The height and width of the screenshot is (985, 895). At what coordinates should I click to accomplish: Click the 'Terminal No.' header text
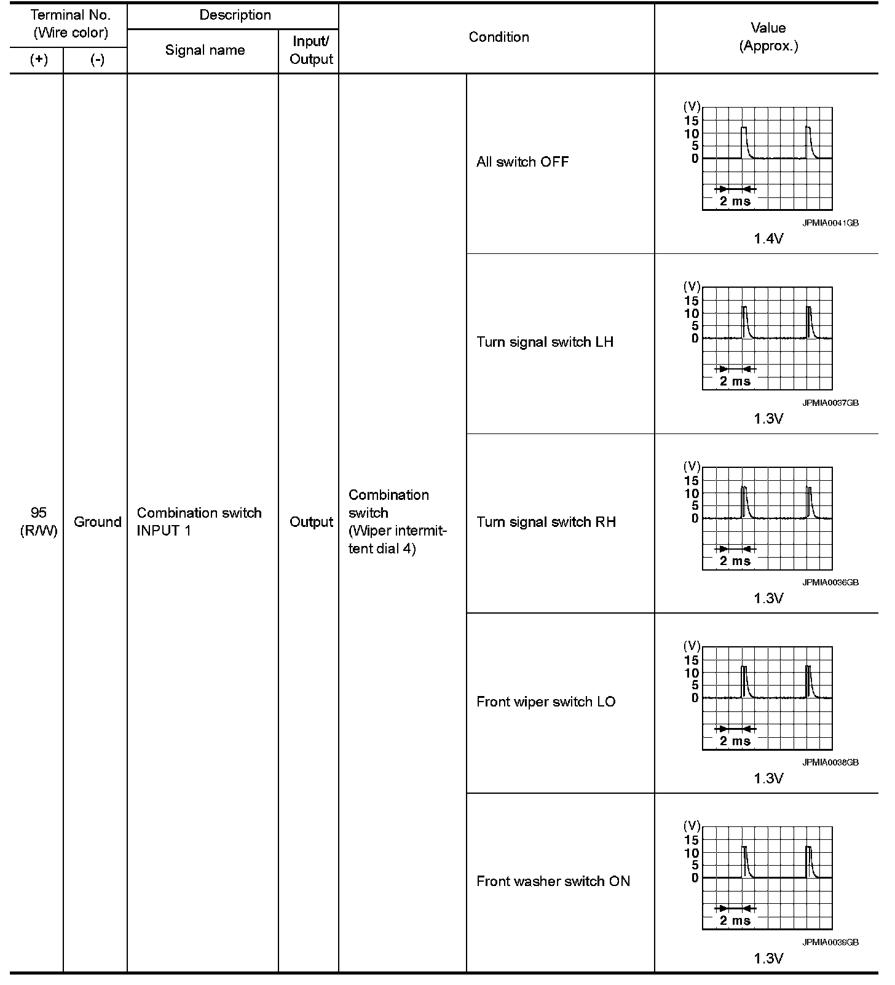pyautogui.click(x=71, y=15)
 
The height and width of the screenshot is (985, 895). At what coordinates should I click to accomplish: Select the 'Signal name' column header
pyautogui.click(x=205, y=50)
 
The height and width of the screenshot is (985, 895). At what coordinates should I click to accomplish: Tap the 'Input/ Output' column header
pyautogui.click(x=311, y=50)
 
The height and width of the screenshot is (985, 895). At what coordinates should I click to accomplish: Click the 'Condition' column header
pyautogui.click(x=499, y=37)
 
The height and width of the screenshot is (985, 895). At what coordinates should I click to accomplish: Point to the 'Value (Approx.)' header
pyautogui.click(x=768, y=37)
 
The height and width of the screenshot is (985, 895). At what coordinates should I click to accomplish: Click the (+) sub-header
pyautogui.click(x=39, y=60)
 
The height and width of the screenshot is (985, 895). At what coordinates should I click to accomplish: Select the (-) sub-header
pyautogui.click(x=97, y=60)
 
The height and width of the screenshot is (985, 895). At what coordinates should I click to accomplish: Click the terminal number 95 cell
pyautogui.click(x=38, y=513)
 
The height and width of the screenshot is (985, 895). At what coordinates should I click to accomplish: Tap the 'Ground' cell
pyautogui.click(x=97, y=522)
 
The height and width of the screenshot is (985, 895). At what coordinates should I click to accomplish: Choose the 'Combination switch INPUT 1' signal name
pyautogui.click(x=199, y=521)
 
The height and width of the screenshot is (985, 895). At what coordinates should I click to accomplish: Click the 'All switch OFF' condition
pyautogui.click(x=522, y=162)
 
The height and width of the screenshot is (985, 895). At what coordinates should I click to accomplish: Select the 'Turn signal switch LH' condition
pyautogui.click(x=545, y=342)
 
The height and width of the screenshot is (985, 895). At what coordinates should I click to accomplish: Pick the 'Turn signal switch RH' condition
pyautogui.click(x=546, y=522)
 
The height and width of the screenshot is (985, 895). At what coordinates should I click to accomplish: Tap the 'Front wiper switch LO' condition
pyautogui.click(x=546, y=702)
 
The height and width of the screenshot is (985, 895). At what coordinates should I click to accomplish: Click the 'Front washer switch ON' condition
pyautogui.click(x=553, y=881)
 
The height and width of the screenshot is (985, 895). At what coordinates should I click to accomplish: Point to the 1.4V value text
pyautogui.click(x=768, y=239)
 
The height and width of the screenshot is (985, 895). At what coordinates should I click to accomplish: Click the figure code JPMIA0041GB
pyautogui.click(x=830, y=223)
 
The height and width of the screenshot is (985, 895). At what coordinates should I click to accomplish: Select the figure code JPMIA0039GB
pyautogui.click(x=830, y=942)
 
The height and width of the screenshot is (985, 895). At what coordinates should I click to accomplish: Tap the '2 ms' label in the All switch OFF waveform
pyautogui.click(x=735, y=201)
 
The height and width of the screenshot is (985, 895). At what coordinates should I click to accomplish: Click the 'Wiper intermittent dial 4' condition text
pyautogui.click(x=396, y=539)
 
